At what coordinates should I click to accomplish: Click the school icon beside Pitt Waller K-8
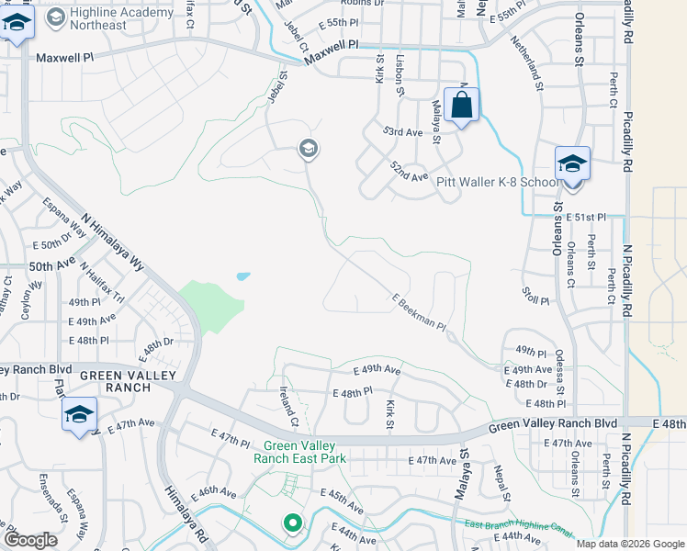click(x=572, y=164)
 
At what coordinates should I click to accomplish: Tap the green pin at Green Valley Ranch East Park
click(x=293, y=524)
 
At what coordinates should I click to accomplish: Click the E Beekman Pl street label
click(x=418, y=312)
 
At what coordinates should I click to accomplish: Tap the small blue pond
click(x=242, y=275)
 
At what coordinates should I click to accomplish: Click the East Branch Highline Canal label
click(x=518, y=529)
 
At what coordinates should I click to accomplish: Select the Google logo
click(x=31, y=540)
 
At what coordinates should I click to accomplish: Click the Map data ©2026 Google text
click(x=630, y=544)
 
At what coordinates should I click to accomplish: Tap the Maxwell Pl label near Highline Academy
click(x=66, y=57)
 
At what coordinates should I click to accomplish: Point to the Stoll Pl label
click(x=535, y=300)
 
